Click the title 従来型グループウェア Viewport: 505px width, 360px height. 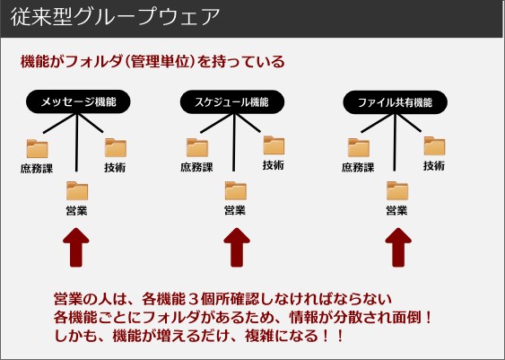click(x=115, y=17)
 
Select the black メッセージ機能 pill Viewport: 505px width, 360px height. click(x=78, y=101)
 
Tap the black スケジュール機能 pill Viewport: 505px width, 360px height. click(x=232, y=102)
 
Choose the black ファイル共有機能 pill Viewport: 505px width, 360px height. click(x=395, y=102)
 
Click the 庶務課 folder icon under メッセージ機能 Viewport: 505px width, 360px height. click(x=37, y=149)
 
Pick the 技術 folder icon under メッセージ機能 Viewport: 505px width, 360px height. click(x=116, y=148)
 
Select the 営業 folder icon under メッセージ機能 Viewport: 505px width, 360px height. click(x=77, y=191)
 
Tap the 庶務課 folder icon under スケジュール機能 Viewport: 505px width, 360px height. click(x=197, y=147)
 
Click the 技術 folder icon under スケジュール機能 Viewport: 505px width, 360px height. click(x=274, y=145)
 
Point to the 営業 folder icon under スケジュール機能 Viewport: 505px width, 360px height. click(x=235, y=191)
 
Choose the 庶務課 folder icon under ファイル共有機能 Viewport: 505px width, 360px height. click(x=359, y=148)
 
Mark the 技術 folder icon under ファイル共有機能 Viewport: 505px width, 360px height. click(x=434, y=146)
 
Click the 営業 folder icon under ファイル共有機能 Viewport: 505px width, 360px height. click(x=397, y=191)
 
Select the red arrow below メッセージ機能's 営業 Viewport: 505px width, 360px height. click(x=76, y=248)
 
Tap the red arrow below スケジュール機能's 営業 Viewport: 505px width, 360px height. click(x=237, y=248)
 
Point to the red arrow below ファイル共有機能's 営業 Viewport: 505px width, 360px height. click(x=398, y=248)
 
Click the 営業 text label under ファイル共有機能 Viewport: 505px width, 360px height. click(x=396, y=210)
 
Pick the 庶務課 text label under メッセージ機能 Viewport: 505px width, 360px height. click(x=37, y=169)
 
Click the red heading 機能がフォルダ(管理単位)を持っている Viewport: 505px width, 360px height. click(x=152, y=62)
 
